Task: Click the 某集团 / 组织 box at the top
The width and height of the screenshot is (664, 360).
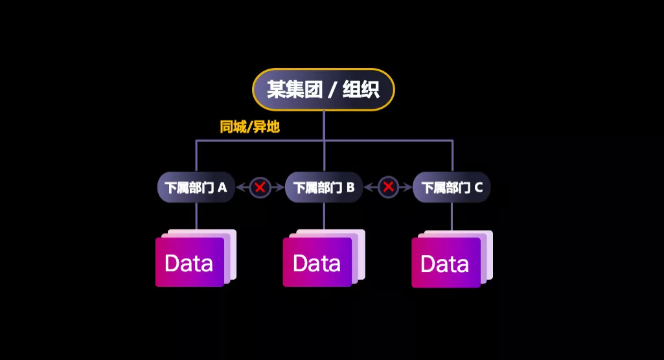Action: tap(323, 89)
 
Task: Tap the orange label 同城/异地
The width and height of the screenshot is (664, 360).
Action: tap(249, 127)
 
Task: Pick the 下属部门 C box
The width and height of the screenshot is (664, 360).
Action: tap(452, 188)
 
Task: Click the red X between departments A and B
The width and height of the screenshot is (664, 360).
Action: tap(260, 188)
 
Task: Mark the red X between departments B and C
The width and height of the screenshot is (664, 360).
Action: tap(388, 188)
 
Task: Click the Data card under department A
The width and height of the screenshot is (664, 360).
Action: tap(189, 262)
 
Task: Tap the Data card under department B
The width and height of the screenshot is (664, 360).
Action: tap(317, 262)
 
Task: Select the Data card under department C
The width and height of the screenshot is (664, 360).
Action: tap(445, 263)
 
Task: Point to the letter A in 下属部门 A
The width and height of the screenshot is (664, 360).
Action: tap(222, 188)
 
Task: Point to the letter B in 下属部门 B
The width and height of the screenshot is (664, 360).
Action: tap(350, 188)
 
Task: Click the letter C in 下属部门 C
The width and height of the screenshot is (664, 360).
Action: tap(478, 188)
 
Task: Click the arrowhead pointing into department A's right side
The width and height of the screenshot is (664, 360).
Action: tap(240, 188)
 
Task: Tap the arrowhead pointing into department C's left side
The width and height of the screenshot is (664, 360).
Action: tap(409, 188)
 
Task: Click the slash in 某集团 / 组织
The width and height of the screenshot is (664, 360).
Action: tap(331, 89)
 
